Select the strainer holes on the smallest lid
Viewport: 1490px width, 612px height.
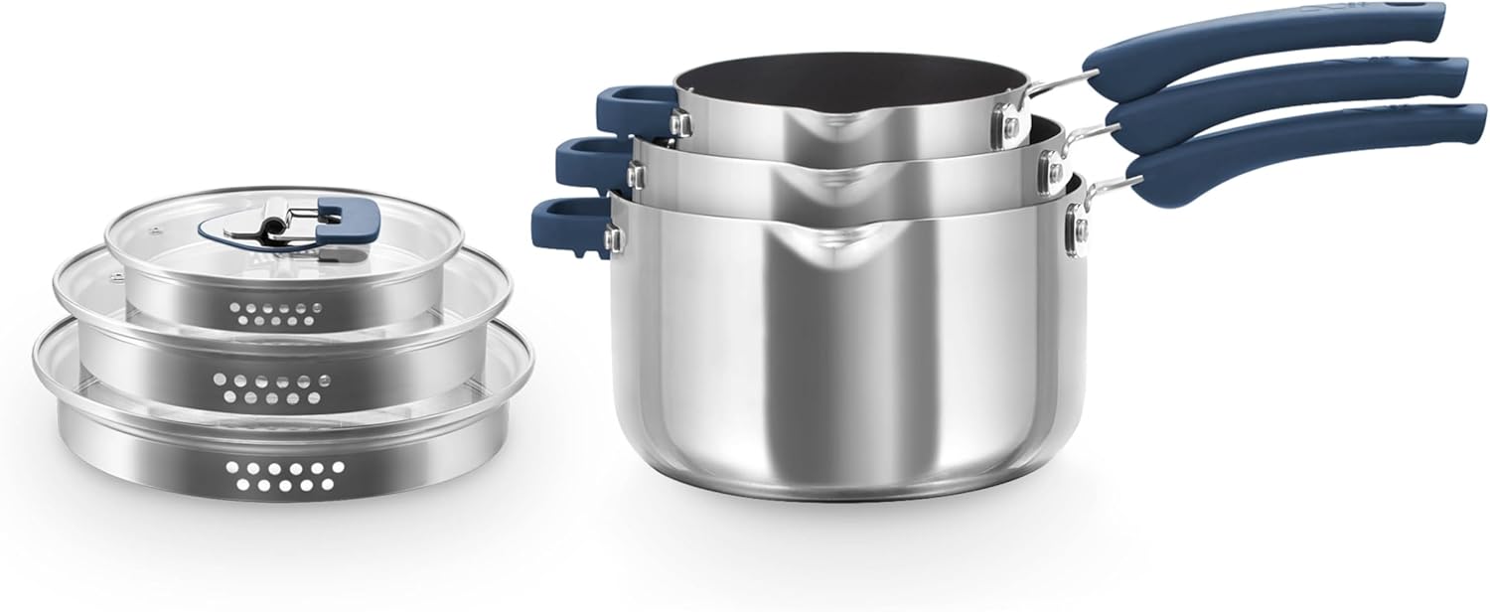pyautogui.click(x=264, y=315)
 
